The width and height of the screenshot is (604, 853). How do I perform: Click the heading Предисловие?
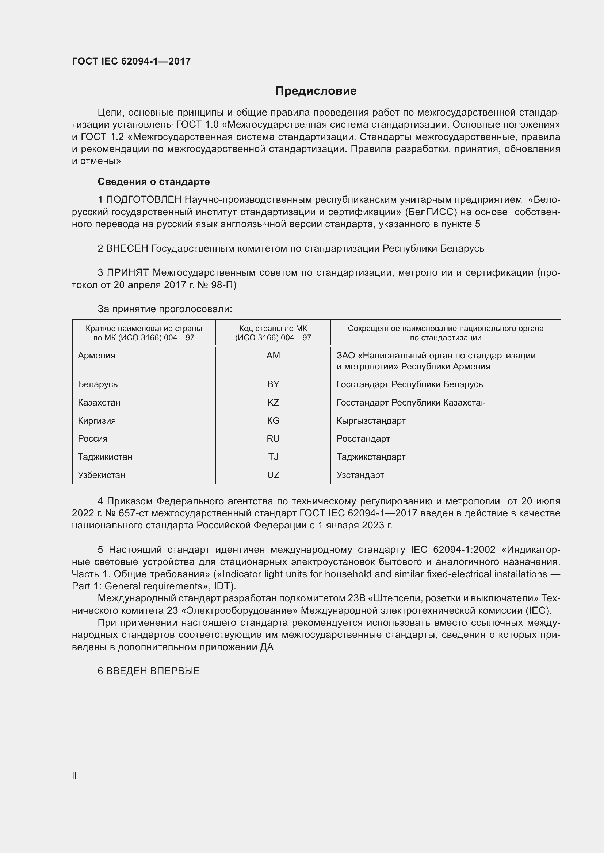coord(316,91)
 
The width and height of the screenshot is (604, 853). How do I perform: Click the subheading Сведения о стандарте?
coord(154,182)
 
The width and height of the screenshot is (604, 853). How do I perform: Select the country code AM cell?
coord(273,356)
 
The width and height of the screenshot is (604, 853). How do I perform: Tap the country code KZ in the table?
coord(273,402)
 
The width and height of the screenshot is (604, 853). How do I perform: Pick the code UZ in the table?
coord(273,475)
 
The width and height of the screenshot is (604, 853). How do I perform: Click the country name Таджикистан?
coord(105,457)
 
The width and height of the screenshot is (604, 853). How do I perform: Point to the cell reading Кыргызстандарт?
coord(371,420)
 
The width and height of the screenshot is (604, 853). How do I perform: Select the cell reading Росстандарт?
coord(363,438)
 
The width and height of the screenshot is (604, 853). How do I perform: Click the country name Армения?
coord(96,356)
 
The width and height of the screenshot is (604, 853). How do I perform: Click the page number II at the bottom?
coord(74,776)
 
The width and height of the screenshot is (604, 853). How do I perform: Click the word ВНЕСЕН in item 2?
coord(127,248)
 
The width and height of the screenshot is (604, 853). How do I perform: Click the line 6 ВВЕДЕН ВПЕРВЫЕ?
coord(149,671)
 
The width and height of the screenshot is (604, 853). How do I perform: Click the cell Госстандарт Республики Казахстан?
coord(411,402)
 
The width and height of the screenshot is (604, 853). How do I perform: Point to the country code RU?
coord(273,438)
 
